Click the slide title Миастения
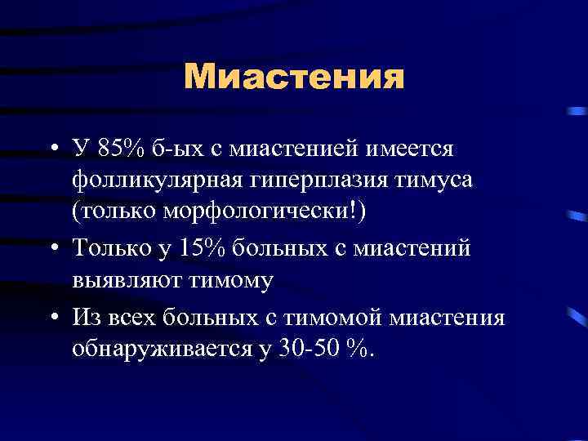coord(294,78)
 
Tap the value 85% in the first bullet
coord(120,149)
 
